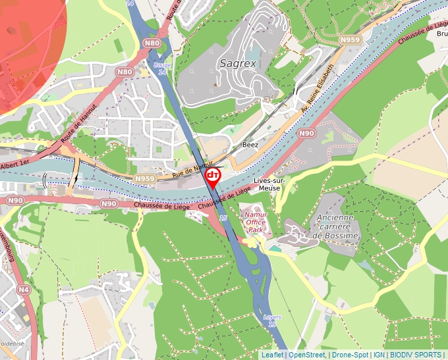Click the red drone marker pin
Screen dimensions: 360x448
(213, 176)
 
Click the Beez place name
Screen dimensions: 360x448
(250, 144)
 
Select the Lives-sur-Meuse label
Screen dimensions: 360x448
(267, 184)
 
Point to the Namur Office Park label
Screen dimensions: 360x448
(256, 222)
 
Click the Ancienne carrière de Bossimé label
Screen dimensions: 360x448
(335, 226)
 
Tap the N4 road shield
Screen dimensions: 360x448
(24, 289)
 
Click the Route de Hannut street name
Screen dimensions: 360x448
(78, 124)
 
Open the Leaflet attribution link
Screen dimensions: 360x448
(272, 355)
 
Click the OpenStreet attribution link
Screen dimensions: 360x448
(306, 355)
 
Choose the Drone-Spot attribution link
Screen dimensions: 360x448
(350, 355)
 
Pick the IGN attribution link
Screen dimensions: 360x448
(379, 355)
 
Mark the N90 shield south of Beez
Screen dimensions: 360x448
(306, 133)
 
